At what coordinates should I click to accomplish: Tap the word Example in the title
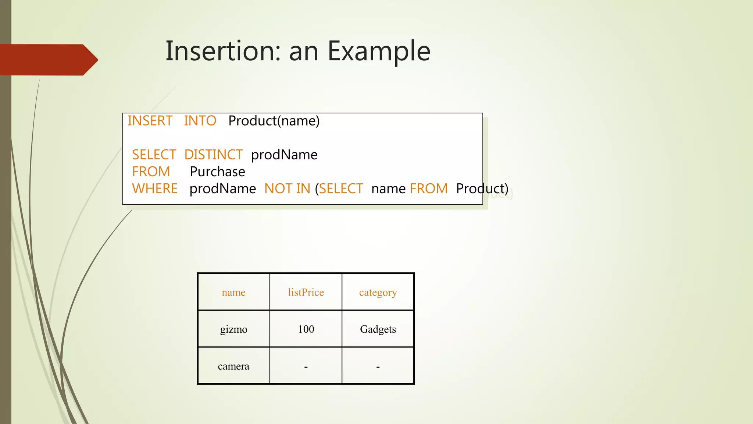point(379,52)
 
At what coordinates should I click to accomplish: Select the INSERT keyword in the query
point(150,121)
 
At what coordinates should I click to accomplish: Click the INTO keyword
point(200,121)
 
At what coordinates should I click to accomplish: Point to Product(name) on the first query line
point(274,121)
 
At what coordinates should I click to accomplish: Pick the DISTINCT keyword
point(213,155)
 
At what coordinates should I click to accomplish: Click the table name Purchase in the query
point(217,172)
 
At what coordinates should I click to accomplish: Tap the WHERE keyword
point(155,188)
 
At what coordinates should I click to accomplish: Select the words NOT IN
point(287,188)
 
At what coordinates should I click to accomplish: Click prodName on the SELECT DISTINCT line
point(284,155)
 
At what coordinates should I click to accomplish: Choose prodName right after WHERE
point(222,188)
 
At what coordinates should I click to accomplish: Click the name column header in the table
point(233,292)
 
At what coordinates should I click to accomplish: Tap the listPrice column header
point(306,292)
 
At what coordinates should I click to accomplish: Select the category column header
point(378,292)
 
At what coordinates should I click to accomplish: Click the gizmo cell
point(233,329)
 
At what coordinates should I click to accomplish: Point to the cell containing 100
point(306,329)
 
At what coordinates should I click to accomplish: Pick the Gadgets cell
point(378,329)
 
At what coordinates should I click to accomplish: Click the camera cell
point(233,366)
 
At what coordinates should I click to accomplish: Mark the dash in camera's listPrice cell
point(306,367)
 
